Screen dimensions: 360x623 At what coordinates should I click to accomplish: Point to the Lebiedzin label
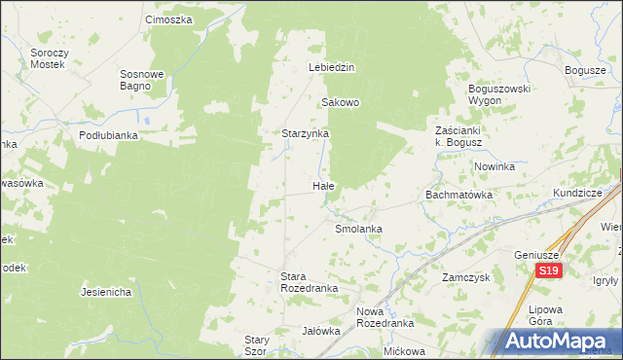(331, 68)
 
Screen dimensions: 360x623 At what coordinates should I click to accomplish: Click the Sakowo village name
(341, 102)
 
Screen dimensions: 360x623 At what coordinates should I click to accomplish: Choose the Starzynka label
(306, 133)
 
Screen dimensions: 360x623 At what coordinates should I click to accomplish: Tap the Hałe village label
(324, 185)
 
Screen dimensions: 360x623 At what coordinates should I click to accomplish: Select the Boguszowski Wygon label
(497, 94)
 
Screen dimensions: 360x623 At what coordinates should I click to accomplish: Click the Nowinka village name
(495, 166)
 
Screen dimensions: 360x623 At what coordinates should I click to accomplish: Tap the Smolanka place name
(358, 229)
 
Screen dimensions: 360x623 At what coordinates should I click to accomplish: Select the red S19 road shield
(550, 271)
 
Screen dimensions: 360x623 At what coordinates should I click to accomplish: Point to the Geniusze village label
(534, 255)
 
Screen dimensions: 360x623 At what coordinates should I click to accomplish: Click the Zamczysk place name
(463, 277)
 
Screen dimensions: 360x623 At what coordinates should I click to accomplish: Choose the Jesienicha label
(106, 292)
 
